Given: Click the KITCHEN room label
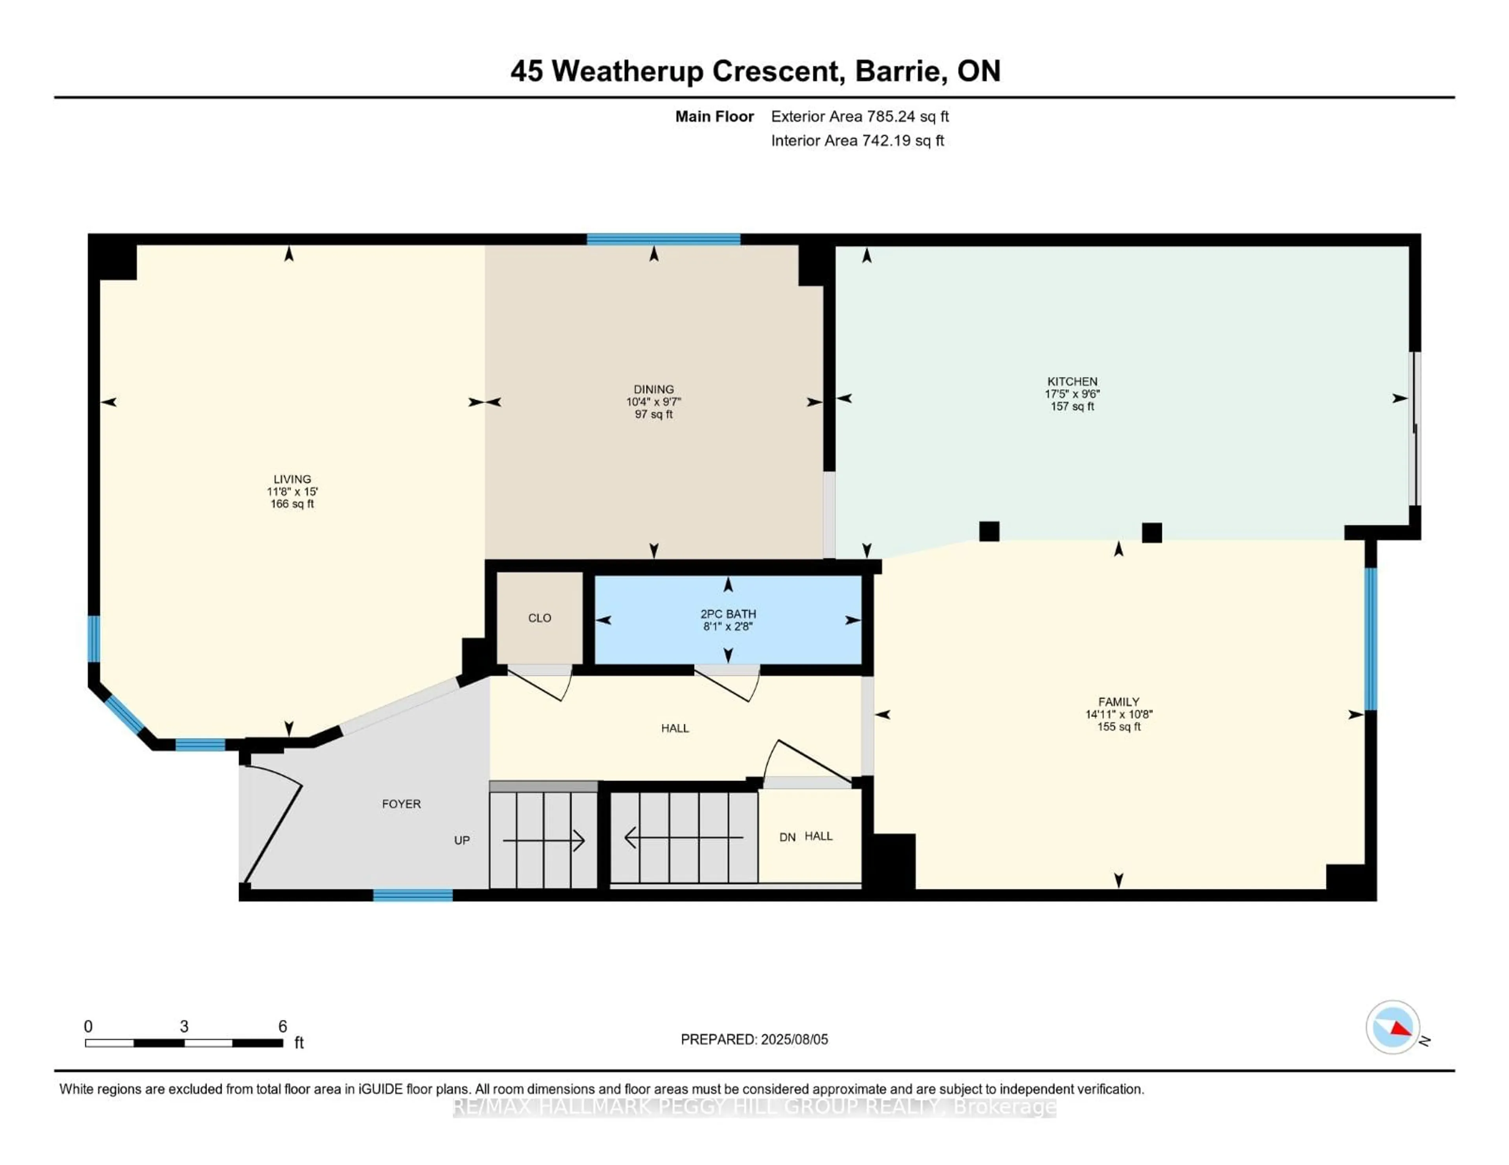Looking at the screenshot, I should click(1072, 381).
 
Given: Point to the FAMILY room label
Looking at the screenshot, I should click(1118, 702).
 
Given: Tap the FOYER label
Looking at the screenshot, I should click(401, 804).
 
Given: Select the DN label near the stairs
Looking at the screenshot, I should click(787, 837).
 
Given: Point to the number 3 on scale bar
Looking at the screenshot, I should click(184, 1026).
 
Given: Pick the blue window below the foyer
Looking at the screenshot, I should click(413, 896).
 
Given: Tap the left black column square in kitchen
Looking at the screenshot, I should click(989, 531).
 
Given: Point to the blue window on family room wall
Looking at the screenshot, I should click(1371, 639).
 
